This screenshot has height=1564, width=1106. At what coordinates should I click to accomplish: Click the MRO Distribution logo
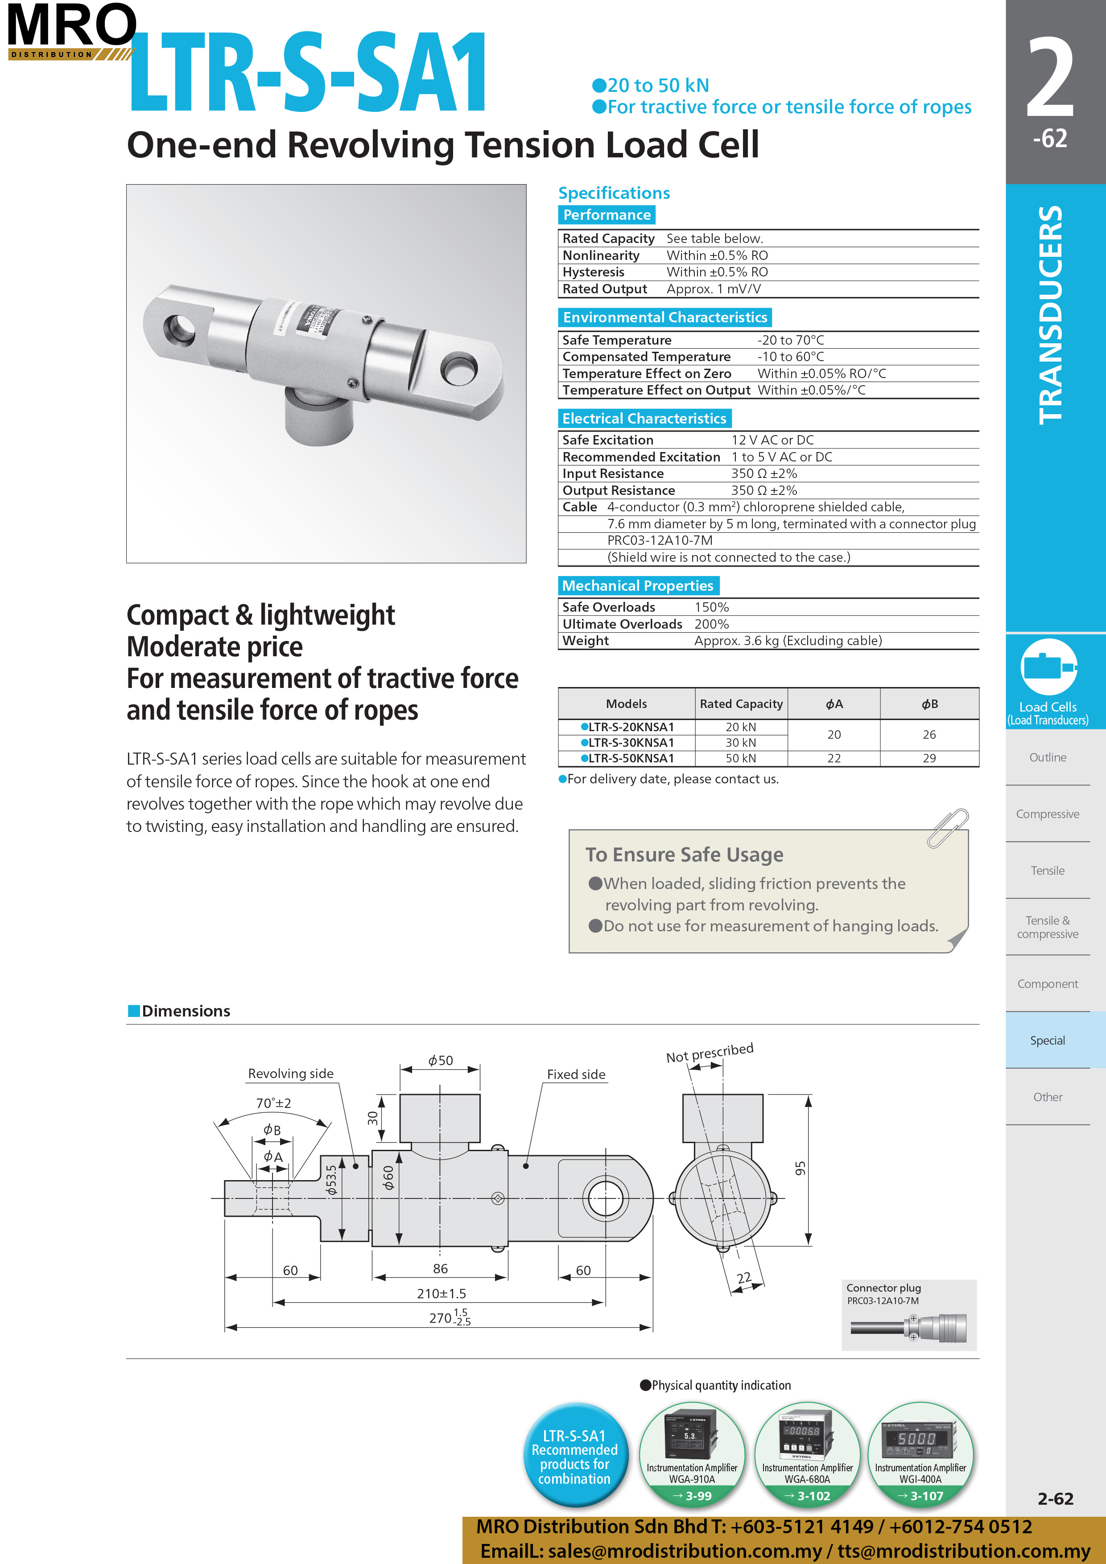click(71, 31)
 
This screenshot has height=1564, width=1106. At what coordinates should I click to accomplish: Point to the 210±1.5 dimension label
click(441, 1293)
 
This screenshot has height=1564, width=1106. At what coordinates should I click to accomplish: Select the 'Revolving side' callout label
click(290, 1074)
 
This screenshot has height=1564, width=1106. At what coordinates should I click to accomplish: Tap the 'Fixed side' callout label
click(576, 1074)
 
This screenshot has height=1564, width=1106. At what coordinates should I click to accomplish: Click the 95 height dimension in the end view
click(800, 1168)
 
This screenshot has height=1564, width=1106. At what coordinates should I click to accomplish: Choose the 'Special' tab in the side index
click(1048, 1040)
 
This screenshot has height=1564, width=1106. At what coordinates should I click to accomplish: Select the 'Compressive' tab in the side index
click(1048, 814)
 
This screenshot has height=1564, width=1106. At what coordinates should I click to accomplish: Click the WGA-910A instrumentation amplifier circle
click(692, 1453)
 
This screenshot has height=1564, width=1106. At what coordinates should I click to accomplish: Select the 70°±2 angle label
click(273, 1103)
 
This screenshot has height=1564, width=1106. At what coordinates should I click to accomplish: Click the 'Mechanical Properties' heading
click(637, 586)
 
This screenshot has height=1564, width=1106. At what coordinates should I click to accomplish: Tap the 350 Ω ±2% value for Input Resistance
click(764, 473)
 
